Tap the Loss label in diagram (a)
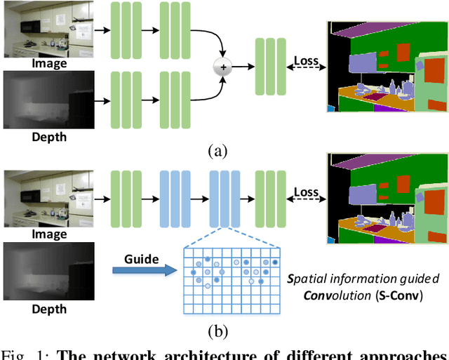coord(304,62)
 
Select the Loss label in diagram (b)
coord(305,192)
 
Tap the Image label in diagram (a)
coord(48,64)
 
